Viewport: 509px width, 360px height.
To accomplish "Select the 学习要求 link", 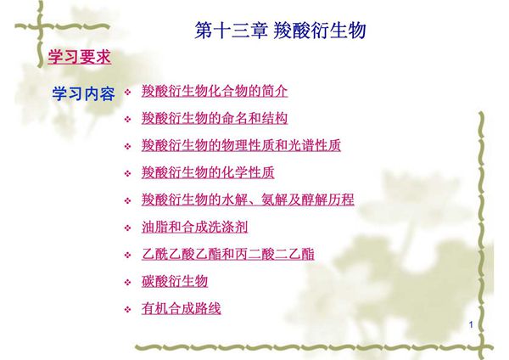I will click(78, 58).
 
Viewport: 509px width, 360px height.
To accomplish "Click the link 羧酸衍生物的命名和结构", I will click(215, 118).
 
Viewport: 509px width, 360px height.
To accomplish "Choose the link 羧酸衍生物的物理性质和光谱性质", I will click(241, 145).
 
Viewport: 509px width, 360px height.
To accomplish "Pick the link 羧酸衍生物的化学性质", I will click(208, 172).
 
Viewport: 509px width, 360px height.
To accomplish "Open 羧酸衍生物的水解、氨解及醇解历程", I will click(248, 200).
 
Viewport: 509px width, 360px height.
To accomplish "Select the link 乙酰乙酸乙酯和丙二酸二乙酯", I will click(227, 254).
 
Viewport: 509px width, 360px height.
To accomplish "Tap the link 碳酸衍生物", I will click(175, 281).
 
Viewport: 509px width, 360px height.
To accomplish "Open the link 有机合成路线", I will click(182, 308).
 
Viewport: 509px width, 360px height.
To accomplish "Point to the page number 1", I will click(472, 326).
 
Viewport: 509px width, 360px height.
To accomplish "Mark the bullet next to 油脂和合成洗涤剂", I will click(128, 228).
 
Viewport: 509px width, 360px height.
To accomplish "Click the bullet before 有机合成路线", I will click(128, 309).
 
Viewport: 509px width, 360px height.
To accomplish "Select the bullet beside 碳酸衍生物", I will click(128, 282).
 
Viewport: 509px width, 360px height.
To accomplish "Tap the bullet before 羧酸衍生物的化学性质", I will click(128, 173).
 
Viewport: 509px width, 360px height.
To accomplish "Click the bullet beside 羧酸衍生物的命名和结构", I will click(128, 119).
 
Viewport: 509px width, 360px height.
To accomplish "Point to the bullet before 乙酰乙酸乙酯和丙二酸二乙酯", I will click(128, 255).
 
